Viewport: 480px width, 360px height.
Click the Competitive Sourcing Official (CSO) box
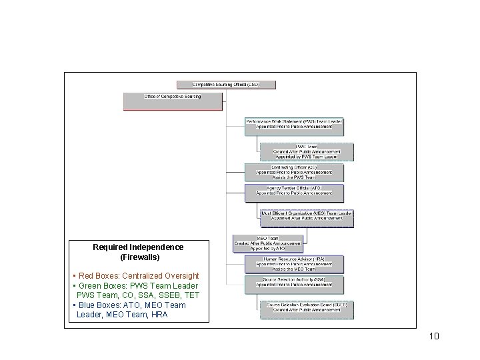coord(226,85)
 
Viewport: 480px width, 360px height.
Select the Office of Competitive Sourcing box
coord(173,101)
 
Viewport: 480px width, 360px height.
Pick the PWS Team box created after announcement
coord(307,152)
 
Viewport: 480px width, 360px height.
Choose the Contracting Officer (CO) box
coord(294,172)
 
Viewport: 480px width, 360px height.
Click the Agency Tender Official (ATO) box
coord(294,193)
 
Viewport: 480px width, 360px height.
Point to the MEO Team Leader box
coord(307,218)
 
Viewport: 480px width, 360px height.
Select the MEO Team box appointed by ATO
coord(268,243)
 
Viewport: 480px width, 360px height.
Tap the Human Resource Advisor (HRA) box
coord(294,263)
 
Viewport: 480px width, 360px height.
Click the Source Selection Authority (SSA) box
coord(294,284)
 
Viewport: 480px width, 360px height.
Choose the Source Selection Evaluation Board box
coord(307,309)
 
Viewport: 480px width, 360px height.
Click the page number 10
coord(434,336)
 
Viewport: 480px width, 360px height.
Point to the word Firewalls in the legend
coord(140,257)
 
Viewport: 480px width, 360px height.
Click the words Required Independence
coord(138,247)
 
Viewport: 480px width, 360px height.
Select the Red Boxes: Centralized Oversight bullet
coord(138,276)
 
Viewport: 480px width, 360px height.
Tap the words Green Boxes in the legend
coord(101,286)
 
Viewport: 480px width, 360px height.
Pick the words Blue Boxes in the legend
coord(99,305)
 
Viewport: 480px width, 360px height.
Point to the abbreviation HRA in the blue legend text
coord(159,315)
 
